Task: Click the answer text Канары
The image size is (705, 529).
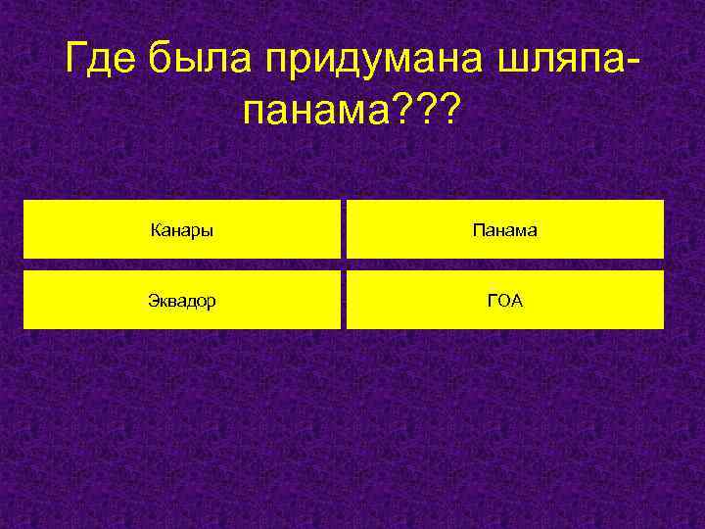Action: tap(183, 231)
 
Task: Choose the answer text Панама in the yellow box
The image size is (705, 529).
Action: tap(504, 231)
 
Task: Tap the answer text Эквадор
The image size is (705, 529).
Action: tap(182, 301)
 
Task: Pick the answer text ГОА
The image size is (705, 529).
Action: tap(505, 301)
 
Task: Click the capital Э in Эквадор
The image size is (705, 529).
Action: tap(153, 301)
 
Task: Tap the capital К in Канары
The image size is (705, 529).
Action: tap(156, 231)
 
